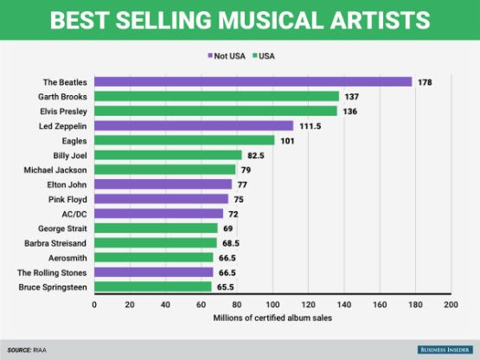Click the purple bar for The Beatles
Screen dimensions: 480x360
click(253, 82)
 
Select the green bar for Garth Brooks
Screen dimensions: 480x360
click(217, 96)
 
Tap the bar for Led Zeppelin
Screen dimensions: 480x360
click(194, 125)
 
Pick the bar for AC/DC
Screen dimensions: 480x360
click(158, 214)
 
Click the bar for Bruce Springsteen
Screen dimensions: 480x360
click(153, 286)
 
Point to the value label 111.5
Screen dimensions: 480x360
click(310, 126)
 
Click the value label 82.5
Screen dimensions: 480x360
click(256, 155)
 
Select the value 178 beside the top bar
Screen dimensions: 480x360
click(425, 82)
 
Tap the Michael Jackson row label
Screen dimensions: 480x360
click(55, 170)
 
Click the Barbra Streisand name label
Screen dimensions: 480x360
click(55, 243)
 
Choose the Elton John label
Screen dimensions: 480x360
click(67, 184)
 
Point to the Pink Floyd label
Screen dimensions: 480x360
click(67, 199)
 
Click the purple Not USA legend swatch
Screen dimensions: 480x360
click(210, 55)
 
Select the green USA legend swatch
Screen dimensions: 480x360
click(254, 55)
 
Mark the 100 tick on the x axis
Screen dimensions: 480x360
click(272, 305)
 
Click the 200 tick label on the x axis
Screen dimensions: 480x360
click(451, 305)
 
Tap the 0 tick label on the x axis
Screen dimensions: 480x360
click(94, 305)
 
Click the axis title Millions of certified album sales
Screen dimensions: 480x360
click(272, 318)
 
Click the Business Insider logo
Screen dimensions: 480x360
click(445, 350)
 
